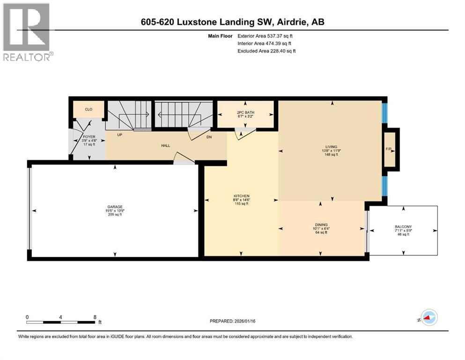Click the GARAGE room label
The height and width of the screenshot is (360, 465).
pos(114,206)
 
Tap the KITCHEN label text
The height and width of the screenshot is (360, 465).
pos(242,196)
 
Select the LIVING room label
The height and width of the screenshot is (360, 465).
pos(332,147)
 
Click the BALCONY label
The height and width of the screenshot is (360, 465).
pos(403,226)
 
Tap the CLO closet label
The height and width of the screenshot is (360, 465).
pos(88,109)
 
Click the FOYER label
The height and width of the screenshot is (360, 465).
pos(89,137)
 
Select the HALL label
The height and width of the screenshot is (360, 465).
pos(165,146)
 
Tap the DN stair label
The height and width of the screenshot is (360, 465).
pos(209,137)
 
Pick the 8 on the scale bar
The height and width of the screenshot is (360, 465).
pos(95,317)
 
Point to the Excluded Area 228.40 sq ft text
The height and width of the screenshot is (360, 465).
pos(266,51)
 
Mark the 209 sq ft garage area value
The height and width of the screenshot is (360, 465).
pos(114,215)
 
